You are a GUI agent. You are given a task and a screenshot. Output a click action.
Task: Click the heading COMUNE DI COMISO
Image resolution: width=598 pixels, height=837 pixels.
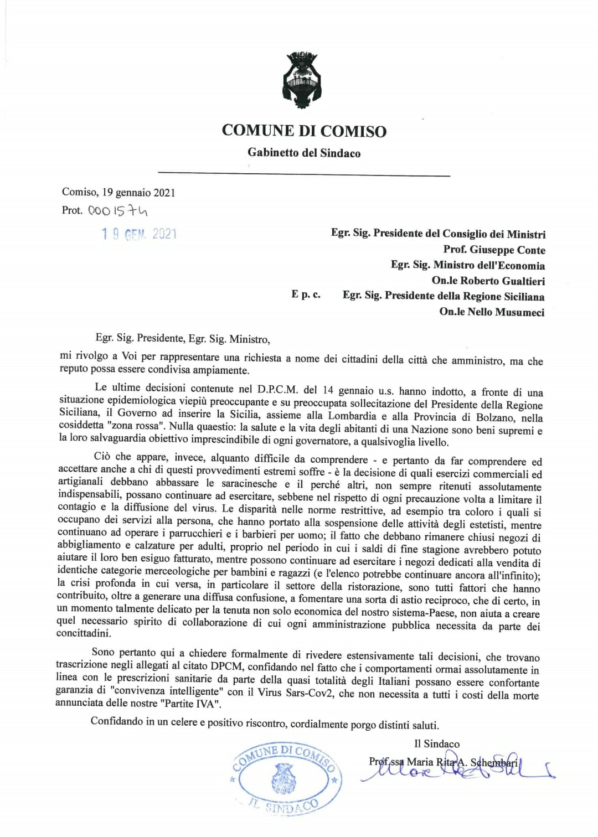point(304,131)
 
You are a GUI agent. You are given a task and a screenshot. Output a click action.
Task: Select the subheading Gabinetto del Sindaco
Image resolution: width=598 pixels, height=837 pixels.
point(304,153)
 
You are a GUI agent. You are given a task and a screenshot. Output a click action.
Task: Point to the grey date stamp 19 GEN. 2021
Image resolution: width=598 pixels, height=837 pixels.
point(139,234)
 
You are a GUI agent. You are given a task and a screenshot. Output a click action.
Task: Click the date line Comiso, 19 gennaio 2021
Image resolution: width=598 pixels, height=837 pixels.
point(118,193)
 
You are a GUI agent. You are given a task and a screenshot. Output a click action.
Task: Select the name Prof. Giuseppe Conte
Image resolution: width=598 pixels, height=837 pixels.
point(494,250)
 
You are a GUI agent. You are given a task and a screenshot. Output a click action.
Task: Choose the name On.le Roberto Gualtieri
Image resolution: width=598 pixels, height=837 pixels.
point(488,281)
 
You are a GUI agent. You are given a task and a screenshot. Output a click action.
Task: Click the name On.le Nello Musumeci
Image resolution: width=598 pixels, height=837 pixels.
point(492,312)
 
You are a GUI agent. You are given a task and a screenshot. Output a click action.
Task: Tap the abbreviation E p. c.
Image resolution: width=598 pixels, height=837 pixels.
point(306,294)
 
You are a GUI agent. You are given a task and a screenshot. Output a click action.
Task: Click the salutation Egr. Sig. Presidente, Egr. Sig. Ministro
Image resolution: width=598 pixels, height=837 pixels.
point(183,338)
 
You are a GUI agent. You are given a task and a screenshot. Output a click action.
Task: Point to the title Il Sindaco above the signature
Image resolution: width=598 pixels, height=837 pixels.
point(436,743)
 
